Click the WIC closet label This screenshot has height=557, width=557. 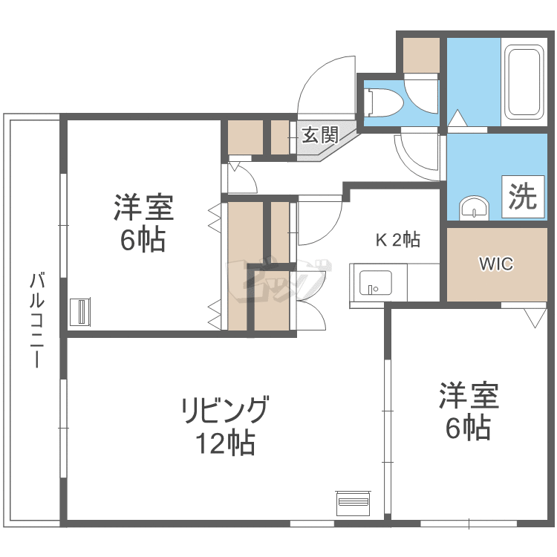coord(495,264)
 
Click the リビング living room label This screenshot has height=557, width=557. coord(224,411)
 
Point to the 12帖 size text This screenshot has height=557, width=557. coord(225,443)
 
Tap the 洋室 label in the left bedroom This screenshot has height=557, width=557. coord(144,207)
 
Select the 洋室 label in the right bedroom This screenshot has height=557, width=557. coord(469,395)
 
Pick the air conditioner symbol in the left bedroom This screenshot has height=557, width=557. coord(79,311)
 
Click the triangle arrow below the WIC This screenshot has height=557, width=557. coord(533,317)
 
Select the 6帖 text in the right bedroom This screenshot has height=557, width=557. coord(469,428)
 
